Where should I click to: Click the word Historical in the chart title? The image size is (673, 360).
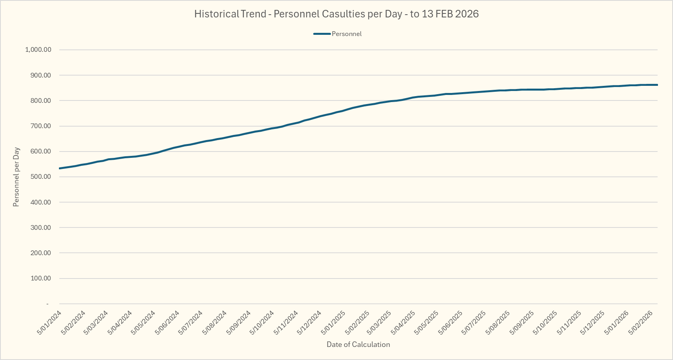pos(216,14)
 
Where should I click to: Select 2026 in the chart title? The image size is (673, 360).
pos(467,14)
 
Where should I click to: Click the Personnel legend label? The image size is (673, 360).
pos(346,34)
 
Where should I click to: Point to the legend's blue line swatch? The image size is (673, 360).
pos(322,34)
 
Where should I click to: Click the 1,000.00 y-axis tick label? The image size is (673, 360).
pos(38,50)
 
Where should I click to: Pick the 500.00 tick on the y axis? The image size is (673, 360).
pos(41,177)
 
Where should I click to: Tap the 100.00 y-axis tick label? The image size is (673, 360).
pos(41,279)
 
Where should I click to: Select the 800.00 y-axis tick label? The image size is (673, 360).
pos(41,101)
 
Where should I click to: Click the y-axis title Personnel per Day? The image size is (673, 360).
pos(16,177)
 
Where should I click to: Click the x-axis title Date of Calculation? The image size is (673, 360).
pos(358,345)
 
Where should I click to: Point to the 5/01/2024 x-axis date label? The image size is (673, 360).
pos(49,323)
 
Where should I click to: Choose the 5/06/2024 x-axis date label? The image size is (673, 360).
pos(167,323)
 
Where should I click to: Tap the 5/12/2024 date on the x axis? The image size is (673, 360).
pos(309,323)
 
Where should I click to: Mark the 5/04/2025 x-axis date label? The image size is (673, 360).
pos(403,323)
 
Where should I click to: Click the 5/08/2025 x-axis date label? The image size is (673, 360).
pos(498,323)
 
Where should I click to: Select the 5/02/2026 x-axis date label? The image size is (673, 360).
pos(640,323)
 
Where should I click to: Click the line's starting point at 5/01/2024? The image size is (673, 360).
pos(59,169)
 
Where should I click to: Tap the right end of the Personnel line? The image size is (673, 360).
pos(657,85)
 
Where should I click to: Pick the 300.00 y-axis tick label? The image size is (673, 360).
pos(41,227)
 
